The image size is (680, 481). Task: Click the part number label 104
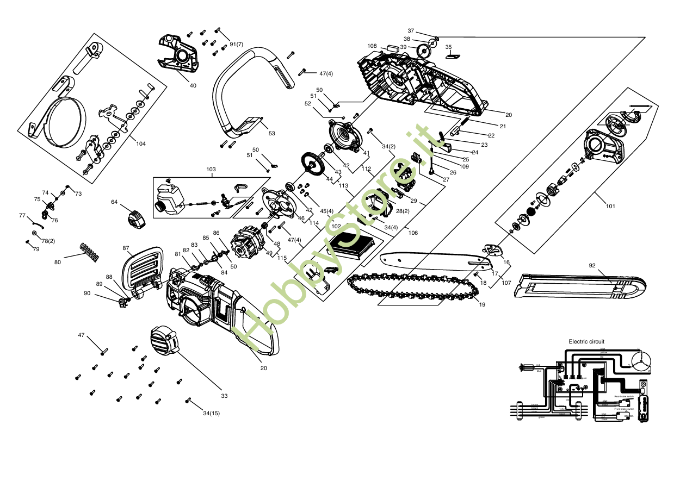click(x=141, y=143)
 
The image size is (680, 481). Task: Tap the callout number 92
click(x=592, y=266)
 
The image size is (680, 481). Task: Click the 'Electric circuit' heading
click(x=586, y=341)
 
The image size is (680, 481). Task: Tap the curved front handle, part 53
click(x=245, y=92)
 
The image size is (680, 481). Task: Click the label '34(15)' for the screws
click(x=211, y=414)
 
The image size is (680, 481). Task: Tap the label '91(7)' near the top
click(x=236, y=43)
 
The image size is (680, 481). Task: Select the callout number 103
click(x=211, y=170)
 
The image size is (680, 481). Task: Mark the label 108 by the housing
click(x=372, y=46)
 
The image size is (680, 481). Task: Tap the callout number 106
click(x=413, y=233)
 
